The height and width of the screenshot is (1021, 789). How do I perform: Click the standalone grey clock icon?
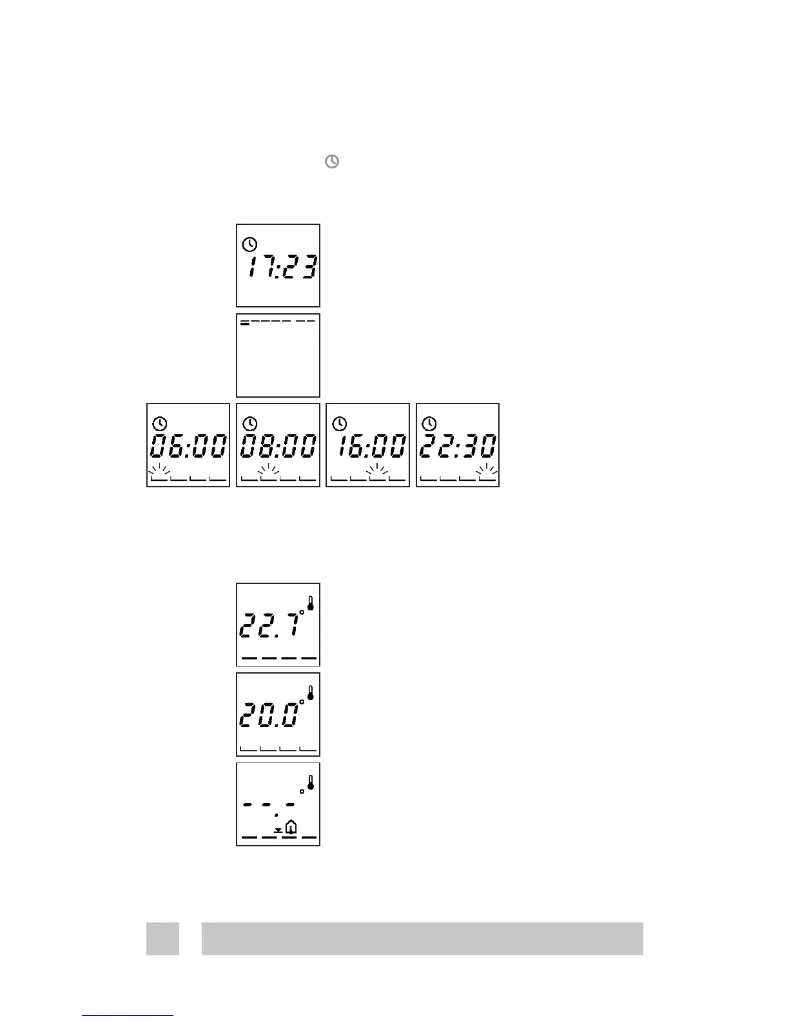[331, 162]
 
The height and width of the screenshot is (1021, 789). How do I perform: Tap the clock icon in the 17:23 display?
[249, 244]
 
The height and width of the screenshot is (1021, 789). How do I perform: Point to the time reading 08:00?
[278, 446]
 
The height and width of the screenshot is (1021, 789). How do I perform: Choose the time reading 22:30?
[458, 446]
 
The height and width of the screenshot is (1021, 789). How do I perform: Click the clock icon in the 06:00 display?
[160, 423]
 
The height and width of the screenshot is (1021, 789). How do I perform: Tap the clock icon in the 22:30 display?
[429, 423]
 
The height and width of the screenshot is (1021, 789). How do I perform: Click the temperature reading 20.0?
[269, 715]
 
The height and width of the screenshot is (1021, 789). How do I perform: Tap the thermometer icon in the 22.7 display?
[311, 603]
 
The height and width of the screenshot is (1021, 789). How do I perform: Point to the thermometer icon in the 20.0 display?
[311, 693]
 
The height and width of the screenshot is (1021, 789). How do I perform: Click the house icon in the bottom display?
[291, 826]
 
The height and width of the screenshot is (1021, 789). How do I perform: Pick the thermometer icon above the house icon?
[311, 783]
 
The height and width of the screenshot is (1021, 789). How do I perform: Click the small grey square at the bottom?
[162, 938]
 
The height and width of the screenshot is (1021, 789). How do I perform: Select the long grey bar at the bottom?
[422, 938]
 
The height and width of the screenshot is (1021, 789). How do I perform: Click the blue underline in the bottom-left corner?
[128, 1015]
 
